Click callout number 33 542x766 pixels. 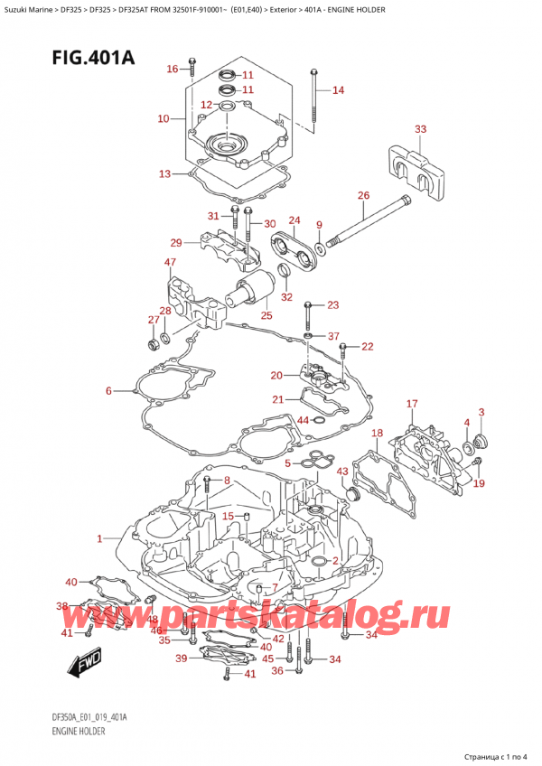(420, 130)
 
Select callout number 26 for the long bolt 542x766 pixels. (363, 195)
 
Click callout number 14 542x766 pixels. (338, 89)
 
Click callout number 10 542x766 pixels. (163, 118)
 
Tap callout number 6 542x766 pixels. (108, 391)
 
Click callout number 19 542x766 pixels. (480, 483)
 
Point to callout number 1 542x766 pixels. (99, 538)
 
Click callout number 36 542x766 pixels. (277, 669)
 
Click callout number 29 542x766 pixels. (176, 242)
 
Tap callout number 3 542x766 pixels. (481, 413)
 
